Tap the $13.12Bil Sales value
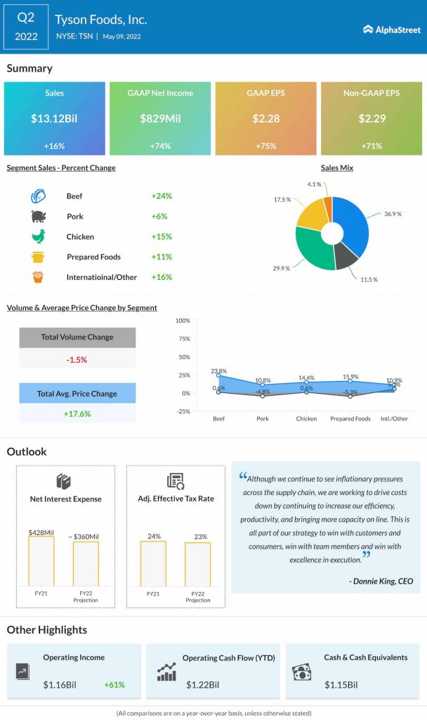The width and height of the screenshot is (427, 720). (x=54, y=119)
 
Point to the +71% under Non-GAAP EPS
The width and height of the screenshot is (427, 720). (x=371, y=145)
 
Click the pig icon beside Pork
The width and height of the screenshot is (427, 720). (x=38, y=217)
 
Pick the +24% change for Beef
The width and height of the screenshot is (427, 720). (x=162, y=196)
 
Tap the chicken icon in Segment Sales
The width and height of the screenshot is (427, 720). (x=38, y=237)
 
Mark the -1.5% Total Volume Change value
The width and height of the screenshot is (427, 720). (x=77, y=359)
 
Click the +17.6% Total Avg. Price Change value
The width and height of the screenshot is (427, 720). (x=77, y=413)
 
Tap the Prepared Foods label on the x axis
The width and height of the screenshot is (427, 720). (x=350, y=418)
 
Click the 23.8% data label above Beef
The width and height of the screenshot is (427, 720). (x=218, y=371)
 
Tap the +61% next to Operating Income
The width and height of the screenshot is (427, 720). (x=115, y=684)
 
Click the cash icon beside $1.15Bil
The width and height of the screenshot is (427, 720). (x=302, y=673)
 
